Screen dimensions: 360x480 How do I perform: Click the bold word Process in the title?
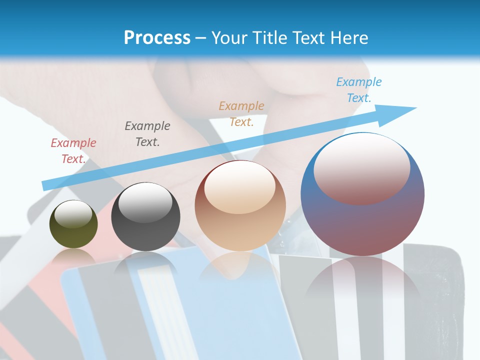pyautogui.click(x=157, y=38)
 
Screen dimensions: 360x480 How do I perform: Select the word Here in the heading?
pyautogui.click(x=348, y=38)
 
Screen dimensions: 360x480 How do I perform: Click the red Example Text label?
pyautogui.click(x=73, y=151)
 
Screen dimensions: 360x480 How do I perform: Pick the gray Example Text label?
pyautogui.click(x=147, y=134)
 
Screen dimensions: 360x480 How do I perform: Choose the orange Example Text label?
pyautogui.click(x=241, y=113)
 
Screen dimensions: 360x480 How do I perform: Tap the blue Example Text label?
pyautogui.click(x=359, y=90)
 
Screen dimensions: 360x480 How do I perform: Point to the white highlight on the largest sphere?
pyautogui.click(x=362, y=167)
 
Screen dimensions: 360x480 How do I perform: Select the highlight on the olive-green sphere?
pyautogui.click(x=73, y=214)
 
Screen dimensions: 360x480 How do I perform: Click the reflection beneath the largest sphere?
pyautogui.click(x=362, y=285)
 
